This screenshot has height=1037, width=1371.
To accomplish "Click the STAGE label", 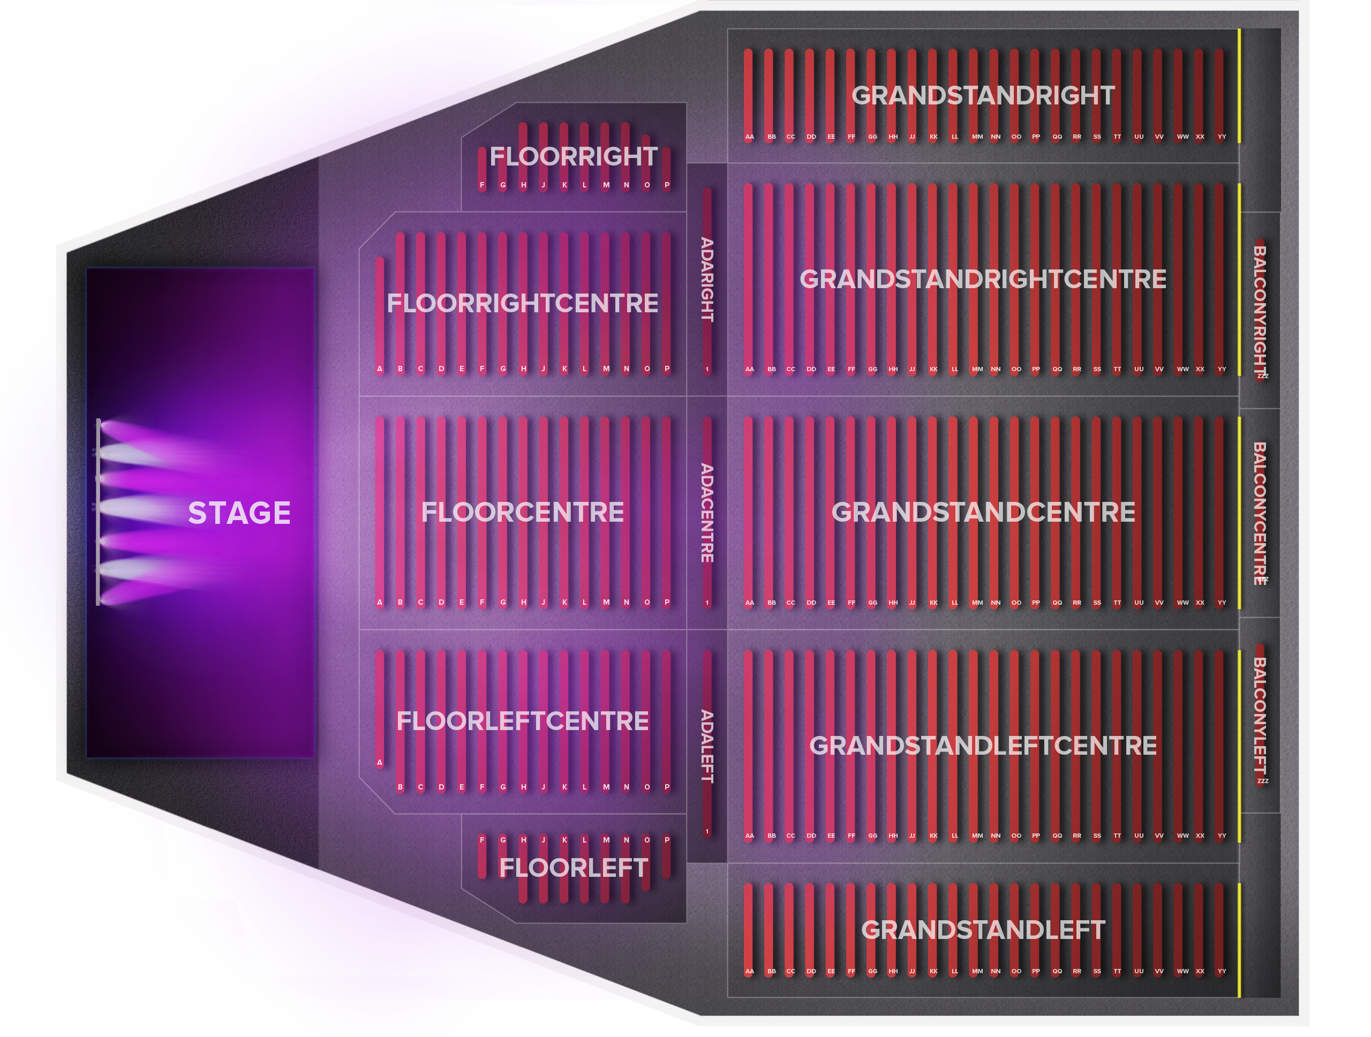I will coord(239,513).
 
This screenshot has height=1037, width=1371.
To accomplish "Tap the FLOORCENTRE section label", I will coord(523,512).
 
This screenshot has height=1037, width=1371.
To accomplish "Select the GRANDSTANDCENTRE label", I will coord(983,512).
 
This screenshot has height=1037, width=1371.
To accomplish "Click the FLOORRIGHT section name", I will coord(574,156).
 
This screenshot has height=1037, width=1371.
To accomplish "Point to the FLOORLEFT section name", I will coord(574,868).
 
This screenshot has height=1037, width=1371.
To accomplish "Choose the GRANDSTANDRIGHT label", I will coord(983,95).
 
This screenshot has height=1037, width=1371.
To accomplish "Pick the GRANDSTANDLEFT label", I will coord(983,930).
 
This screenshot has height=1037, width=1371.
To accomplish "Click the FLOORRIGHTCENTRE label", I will coord(523,303).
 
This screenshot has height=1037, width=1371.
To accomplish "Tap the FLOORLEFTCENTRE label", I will coord(523,721).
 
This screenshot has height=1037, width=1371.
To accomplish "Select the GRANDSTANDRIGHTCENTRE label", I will coord(983,279).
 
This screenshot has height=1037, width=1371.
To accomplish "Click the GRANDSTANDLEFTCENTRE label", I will coord(983,746).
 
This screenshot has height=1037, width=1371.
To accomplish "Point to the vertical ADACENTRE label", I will coord(706,513).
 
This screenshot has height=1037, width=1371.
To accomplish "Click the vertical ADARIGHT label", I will coord(706,280).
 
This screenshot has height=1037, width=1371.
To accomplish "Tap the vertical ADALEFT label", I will coord(706,746).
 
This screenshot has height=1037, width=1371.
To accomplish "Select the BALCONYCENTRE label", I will coord(1260,513).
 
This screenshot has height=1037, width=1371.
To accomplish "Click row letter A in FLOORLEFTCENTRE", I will coord(380,762).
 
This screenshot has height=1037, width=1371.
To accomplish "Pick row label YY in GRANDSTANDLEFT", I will coord(1222,971).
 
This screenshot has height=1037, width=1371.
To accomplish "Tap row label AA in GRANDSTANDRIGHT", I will coord(749,137).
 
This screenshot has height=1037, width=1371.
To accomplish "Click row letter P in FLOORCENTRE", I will coord(667,603).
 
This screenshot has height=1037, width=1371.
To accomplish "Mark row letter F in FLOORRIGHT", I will coord(482,185).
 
